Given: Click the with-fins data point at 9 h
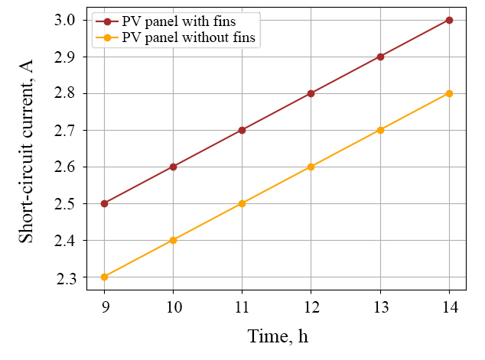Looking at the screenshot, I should click(105, 203).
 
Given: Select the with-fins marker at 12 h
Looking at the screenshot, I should click(311, 93).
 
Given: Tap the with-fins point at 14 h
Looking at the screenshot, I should click(449, 20).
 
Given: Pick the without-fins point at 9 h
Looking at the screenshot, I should click(105, 277).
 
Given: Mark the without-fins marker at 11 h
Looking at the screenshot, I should click(242, 203).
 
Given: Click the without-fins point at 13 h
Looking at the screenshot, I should click(380, 130).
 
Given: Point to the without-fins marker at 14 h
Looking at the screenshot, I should click(449, 93).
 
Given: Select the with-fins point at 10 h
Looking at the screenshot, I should click(174, 167).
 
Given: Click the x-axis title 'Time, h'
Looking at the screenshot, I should click(277, 336).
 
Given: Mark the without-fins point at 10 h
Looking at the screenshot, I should click(174, 240).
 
